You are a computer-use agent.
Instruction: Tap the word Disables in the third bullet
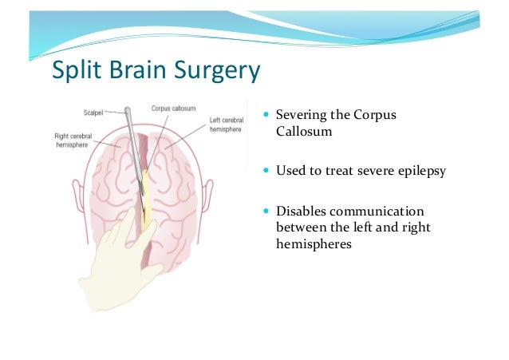[300, 211]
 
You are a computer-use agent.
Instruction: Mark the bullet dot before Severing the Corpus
[266, 117]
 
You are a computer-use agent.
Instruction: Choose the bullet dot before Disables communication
[266, 211]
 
